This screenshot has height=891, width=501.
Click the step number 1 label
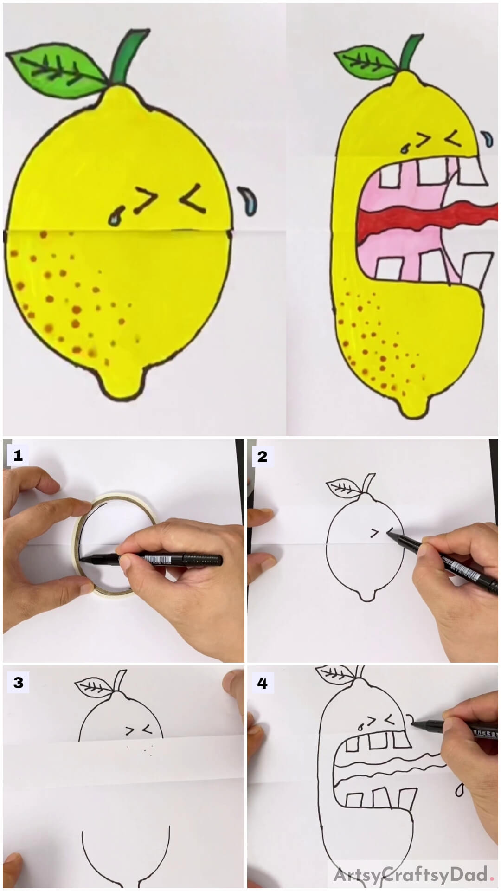pyautogui.click(x=18, y=456)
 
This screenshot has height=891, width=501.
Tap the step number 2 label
pyautogui.click(x=262, y=457)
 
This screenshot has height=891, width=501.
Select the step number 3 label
pyautogui.click(x=18, y=683)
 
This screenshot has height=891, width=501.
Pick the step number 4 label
pyautogui.click(x=262, y=683)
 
